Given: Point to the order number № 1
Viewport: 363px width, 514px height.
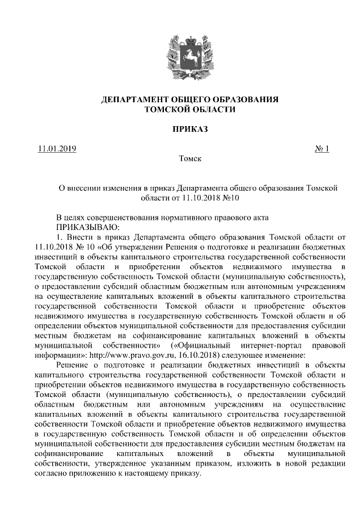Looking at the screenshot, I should pos(322,149).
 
